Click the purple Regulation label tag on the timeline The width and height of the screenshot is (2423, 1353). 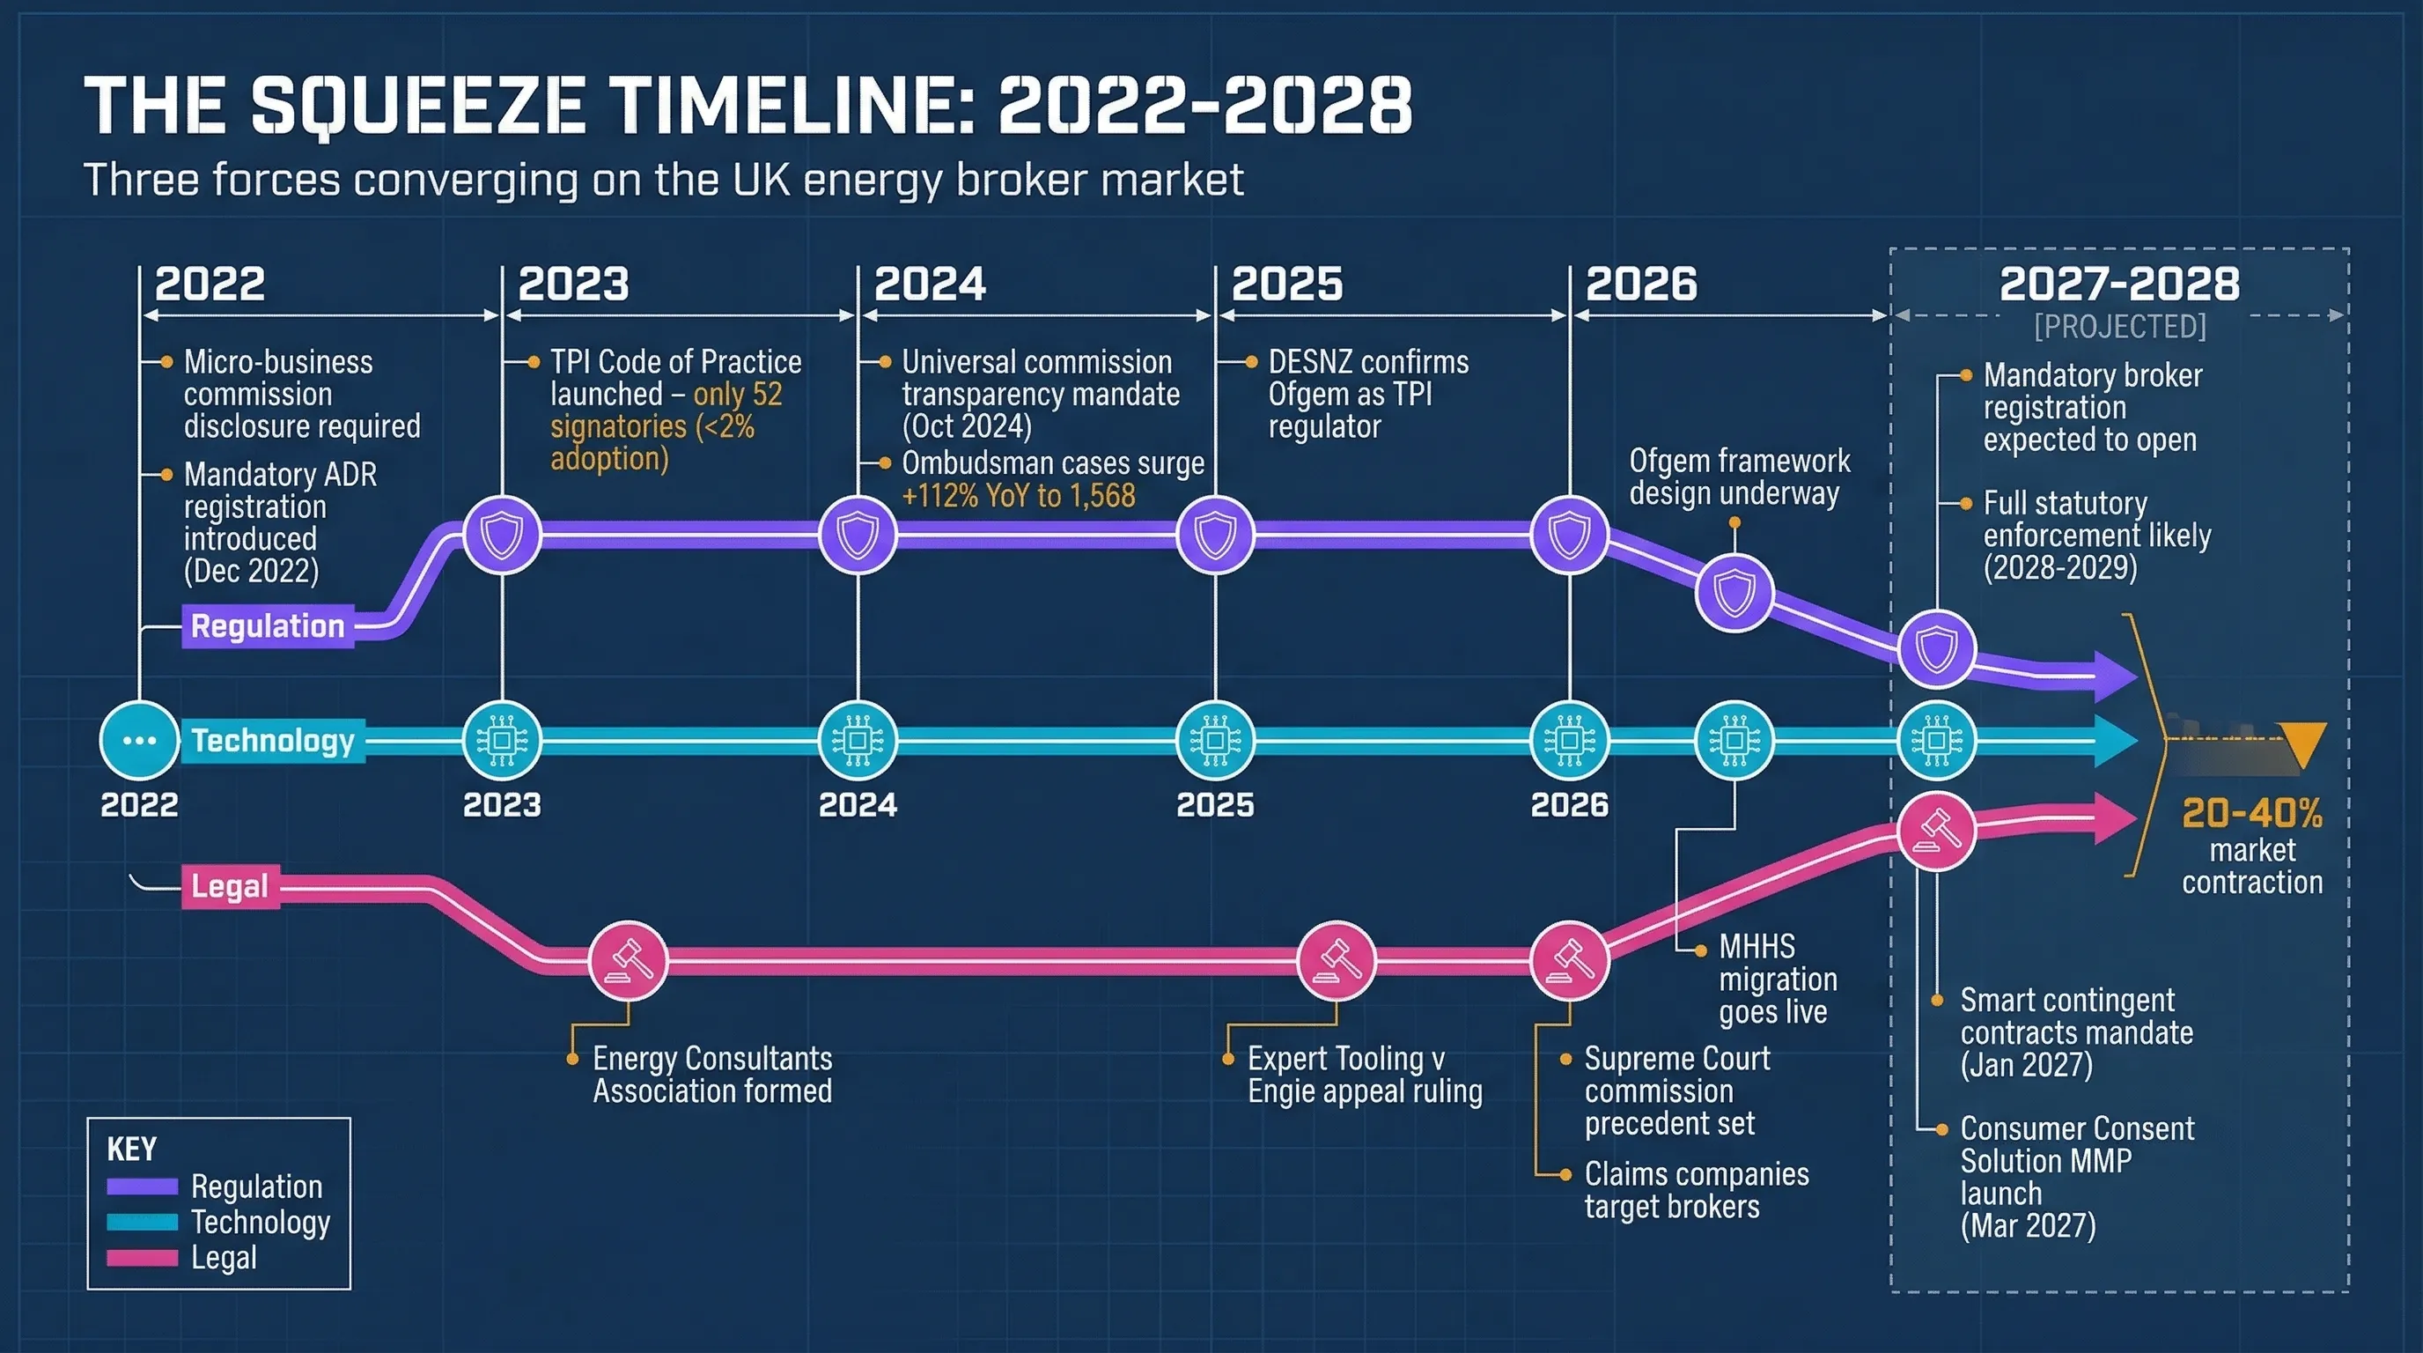coord(267,626)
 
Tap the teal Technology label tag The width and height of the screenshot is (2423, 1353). coord(273,742)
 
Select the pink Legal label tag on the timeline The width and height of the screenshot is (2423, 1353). coord(230,886)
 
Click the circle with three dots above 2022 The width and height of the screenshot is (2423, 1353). coord(139,741)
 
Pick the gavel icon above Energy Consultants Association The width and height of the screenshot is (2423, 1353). coord(629,961)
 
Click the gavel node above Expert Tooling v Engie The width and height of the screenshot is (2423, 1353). coord(1336,961)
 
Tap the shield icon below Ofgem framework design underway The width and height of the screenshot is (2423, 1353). coord(1734,593)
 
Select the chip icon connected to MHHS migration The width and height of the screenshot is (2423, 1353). coord(1734,741)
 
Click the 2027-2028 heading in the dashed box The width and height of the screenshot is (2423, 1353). coord(2119,285)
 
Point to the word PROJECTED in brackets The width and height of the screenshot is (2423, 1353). coord(2119,327)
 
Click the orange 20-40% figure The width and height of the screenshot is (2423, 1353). coord(2252,814)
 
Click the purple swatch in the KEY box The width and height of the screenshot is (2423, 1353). coord(142,1187)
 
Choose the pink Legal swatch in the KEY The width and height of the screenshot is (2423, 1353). coord(142,1258)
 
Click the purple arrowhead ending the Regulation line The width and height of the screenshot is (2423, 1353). coord(2116,675)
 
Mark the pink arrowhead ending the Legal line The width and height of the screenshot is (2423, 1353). coord(2116,818)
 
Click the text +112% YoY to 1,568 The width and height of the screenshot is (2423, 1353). coord(1019,496)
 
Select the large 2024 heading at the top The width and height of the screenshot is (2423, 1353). coord(930,285)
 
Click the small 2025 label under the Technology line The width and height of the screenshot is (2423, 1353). coord(1214,805)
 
